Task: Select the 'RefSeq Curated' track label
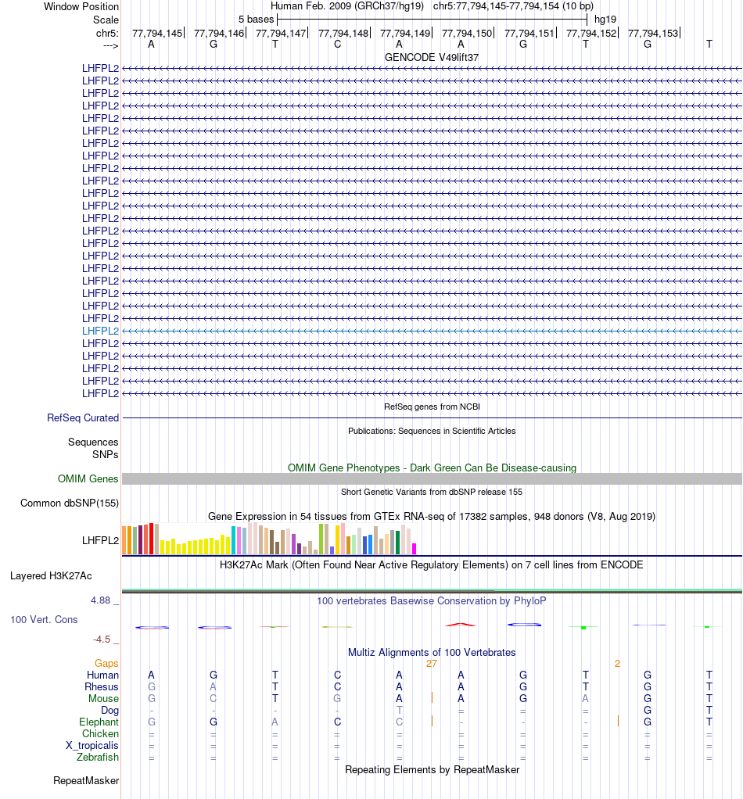coord(83,418)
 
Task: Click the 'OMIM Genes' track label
coord(88,479)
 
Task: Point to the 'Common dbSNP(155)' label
coord(70,503)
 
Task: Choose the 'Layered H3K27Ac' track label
coord(51,576)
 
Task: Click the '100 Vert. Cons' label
coord(44,620)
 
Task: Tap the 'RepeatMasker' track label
coord(86,780)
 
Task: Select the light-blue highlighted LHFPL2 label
coord(101,331)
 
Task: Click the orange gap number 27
coord(432,664)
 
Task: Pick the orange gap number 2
coord(617,664)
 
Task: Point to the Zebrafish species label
coord(98,758)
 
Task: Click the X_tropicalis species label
coord(92,746)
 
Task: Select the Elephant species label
coord(99,722)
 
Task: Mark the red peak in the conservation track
coord(461,624)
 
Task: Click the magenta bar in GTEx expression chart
coord(415,548)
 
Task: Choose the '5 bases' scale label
coord(256,19)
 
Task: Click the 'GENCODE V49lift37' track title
coord(432,58)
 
